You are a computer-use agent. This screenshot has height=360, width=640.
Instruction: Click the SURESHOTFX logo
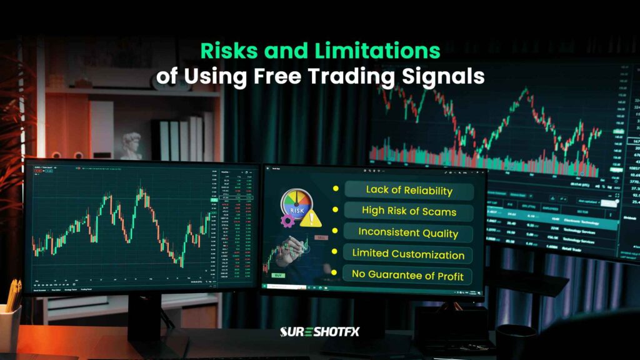coord(319,331)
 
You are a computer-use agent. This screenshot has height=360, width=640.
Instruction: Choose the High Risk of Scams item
coord(409,211)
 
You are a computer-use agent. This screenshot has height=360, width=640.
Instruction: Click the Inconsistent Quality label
coord(408,232)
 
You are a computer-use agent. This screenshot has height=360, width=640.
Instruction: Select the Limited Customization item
coord(408,254)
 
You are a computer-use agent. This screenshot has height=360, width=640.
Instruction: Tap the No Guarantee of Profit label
coord(407,275)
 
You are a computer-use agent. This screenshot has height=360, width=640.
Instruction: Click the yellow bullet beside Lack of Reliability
coord(336,188)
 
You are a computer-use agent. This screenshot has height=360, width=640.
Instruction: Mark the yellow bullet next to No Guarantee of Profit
coord(336,273)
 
